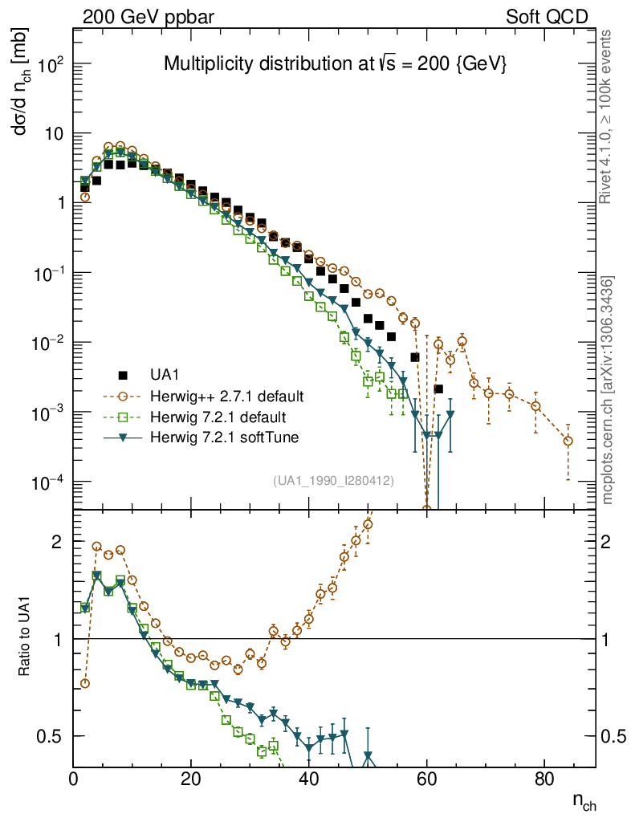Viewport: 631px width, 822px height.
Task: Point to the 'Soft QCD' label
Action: point(546,16)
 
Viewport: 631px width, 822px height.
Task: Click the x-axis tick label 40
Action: point(308,779)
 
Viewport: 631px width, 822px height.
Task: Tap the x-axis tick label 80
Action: point(544,779)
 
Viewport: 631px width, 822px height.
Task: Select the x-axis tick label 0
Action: point(73,779)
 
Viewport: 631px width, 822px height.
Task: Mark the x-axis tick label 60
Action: point(426,779)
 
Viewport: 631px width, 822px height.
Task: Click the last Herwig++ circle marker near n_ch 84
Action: point(568,441)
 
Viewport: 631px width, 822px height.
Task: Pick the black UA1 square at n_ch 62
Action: point(438,389)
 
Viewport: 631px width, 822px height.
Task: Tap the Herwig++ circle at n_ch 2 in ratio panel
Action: point(85,683)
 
